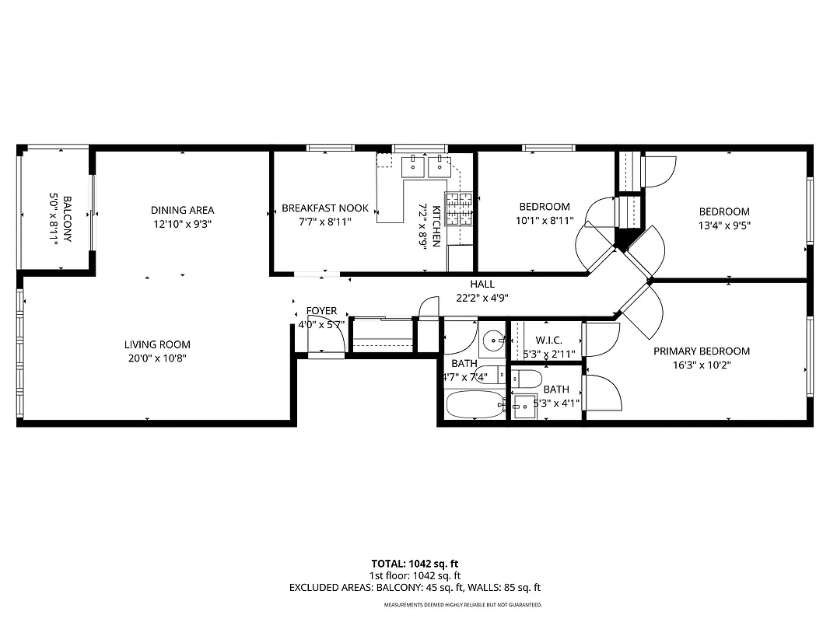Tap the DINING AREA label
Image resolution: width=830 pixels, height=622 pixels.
click(182, 210)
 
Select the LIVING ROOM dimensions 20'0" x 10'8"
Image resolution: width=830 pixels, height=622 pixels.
click(157, 358)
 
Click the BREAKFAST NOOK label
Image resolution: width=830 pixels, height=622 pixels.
click(325, 208)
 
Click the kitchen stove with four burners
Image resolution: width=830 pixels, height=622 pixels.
click(459, 208)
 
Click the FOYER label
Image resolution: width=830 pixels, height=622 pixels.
click(321, 311)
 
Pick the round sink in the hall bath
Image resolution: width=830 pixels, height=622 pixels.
click(492, 341)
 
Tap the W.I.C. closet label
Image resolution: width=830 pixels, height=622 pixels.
click(548, 341)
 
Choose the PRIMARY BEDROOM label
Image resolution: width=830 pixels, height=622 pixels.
click(701, 351)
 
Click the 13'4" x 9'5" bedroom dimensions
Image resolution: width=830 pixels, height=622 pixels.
click(724, 225)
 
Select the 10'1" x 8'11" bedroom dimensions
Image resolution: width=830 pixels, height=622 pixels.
click(545, 221)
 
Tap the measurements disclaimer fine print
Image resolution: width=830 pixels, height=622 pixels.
click(462, 604)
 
